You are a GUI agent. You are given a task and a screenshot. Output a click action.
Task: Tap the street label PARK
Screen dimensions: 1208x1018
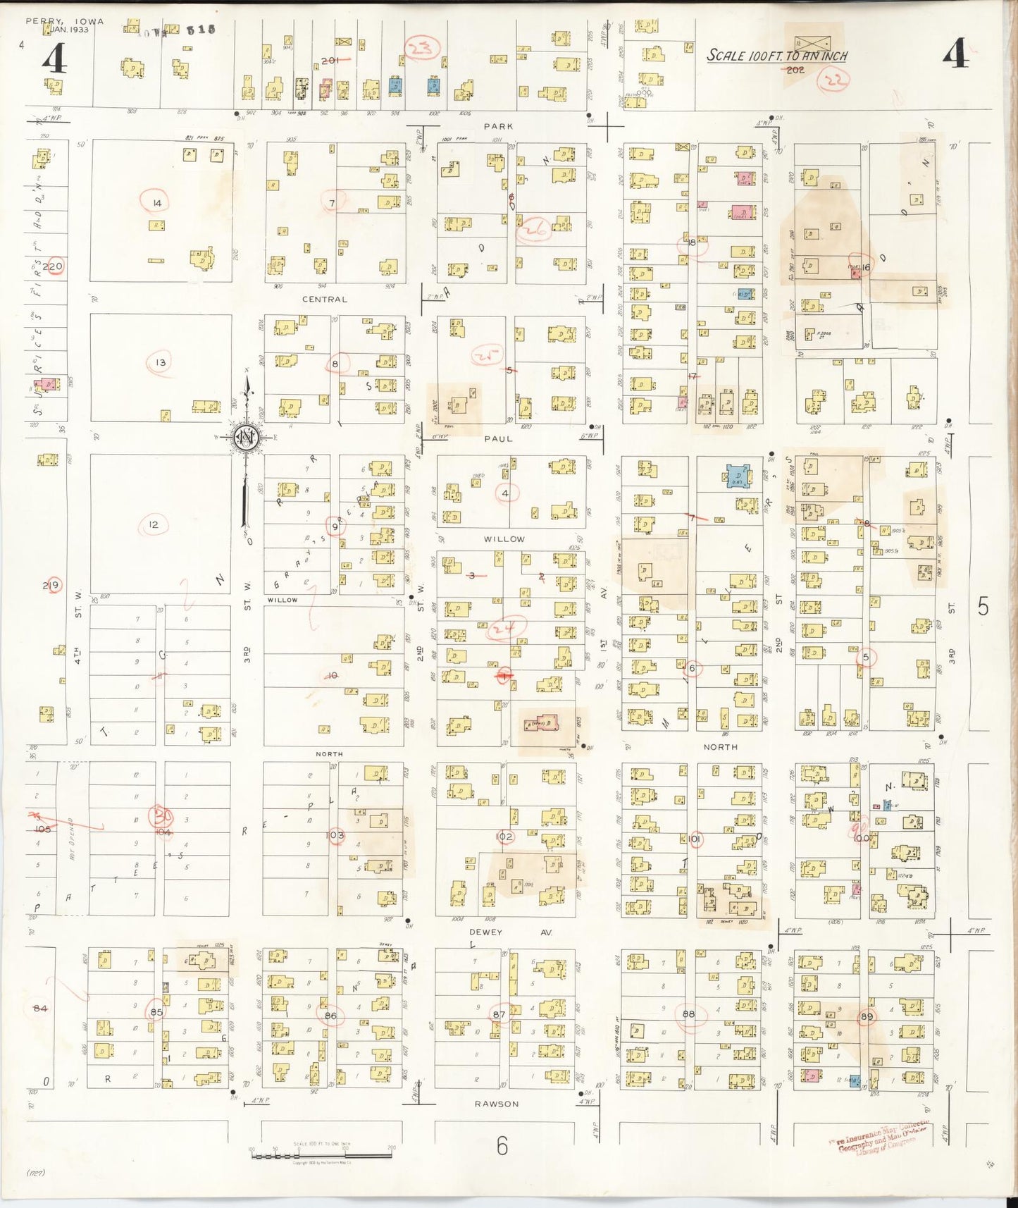click(x=498, y=126)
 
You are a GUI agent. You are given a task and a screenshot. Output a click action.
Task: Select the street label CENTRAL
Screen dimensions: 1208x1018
click(x=325, y=300)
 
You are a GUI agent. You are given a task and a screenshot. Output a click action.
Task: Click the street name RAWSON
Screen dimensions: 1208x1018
click(x=497, y=1104)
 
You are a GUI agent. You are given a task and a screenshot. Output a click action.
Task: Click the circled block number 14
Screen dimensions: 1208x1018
click(x=156, y=203)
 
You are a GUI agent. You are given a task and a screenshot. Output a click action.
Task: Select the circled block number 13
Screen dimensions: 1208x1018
click(x=161, y=363)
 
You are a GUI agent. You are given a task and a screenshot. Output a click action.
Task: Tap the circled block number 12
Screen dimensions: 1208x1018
click(x=154, y=525)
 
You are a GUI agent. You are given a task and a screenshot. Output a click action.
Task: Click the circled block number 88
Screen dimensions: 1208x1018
click(x=688, y=1014)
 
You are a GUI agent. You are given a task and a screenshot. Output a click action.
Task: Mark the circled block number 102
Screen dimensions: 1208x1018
click(x=504, y=837)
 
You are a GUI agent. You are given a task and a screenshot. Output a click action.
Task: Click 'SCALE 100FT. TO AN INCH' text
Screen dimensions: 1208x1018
click(x=777, y=56)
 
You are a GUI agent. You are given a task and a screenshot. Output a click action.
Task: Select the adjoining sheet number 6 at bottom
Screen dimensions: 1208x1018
click(x=502, y=1146)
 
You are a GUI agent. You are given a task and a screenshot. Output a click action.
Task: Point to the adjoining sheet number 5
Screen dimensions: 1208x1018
click(x=983, y=606)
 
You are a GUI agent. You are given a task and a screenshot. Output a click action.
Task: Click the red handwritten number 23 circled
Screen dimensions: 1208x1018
click(x=423, y=49)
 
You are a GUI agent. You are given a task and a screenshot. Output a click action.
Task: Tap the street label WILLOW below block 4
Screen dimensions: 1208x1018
click(x=504, y=539)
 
